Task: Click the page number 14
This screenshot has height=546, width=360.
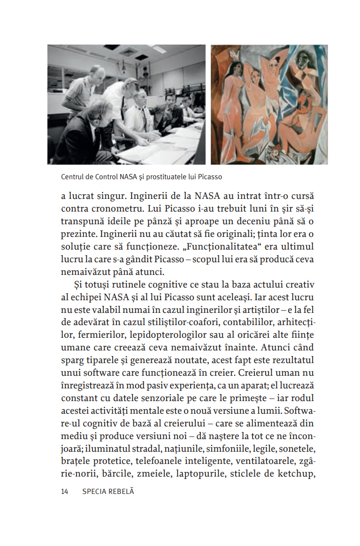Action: [65, 491]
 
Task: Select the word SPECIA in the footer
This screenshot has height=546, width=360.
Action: [93, 491]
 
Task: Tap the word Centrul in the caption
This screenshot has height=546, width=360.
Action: [73, 177]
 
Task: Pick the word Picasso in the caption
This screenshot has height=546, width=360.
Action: [210, 177]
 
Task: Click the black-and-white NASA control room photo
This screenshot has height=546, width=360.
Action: [126, 105]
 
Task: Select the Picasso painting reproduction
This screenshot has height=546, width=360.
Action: [269, 105]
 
